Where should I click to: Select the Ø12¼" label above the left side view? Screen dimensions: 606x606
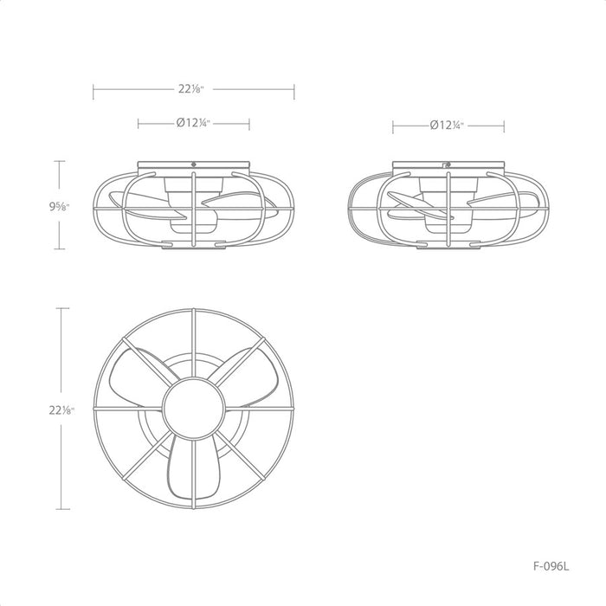(x=193, y=124)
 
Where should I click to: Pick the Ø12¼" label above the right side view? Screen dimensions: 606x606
(x=448, y=126)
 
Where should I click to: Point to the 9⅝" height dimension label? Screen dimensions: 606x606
(x=61, y=206)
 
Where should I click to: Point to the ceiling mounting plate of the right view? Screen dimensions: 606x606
(x=448, y=165)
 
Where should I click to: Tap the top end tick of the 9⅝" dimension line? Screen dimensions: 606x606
(x=60, y=161)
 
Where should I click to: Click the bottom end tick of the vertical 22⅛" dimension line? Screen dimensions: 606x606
(x=60, y=509)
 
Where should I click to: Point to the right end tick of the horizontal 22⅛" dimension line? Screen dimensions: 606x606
(x=294, y=88)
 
